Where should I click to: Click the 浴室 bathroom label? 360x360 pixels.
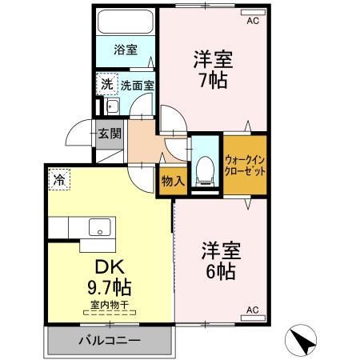(x=125, y=50)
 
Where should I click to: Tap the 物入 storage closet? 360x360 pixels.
(x=173, y=181)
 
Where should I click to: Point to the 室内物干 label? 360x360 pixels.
(x=106, y=304)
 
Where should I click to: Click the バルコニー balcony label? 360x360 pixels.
(x=110, y=341)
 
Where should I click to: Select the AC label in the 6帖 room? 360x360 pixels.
(x=253, y=310)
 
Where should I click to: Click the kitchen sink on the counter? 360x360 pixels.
(x=100, y=226)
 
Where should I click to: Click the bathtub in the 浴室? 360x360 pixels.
(x=125, y=24)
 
